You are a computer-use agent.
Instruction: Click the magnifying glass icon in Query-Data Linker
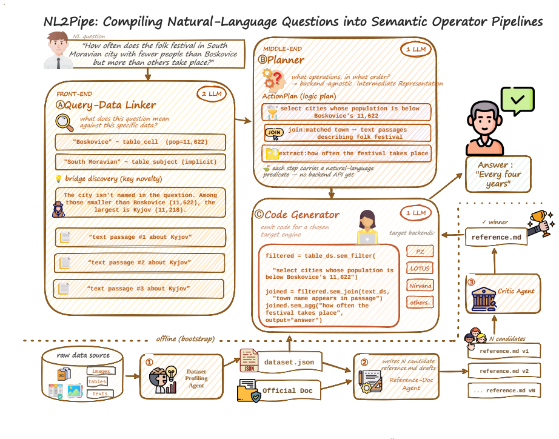[64, 122]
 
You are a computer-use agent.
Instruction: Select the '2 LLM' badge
[212, 94]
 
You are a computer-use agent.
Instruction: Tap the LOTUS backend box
[420, 268]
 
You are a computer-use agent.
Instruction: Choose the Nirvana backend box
[420, 286]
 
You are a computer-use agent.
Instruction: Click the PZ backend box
[420, 251]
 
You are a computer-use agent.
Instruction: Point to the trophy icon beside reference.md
[540, 223]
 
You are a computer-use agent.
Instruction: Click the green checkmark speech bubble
[517, 101]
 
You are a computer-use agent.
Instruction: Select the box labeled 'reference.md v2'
[504, 371]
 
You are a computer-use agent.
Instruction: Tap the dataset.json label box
[289, 362]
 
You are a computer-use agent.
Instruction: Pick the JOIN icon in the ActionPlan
[274, 133]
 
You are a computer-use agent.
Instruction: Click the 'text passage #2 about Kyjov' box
[139, 263]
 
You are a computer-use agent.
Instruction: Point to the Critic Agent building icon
[484, 299]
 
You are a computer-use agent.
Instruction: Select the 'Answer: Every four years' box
[498, 175]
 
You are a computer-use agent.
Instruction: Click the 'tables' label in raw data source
[97, 381]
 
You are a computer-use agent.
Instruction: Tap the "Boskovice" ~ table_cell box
[141, 142]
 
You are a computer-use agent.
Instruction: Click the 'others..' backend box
[420, 303]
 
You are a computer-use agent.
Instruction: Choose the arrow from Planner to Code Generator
[332, 193]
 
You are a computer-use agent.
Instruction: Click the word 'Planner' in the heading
[286, 60]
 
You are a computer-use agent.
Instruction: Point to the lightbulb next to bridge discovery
[58, 179]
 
